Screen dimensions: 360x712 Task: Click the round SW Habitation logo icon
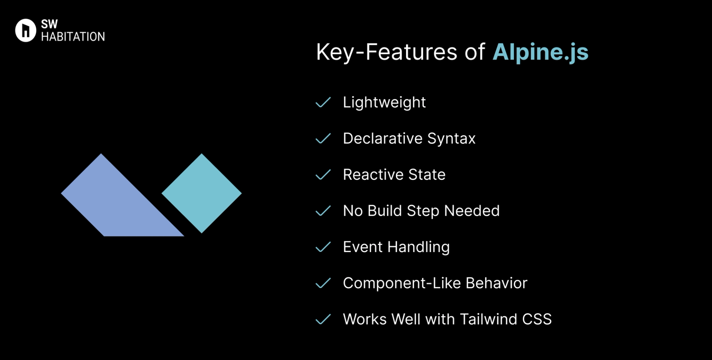point(26,30)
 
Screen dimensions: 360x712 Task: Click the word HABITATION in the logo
point(73,37)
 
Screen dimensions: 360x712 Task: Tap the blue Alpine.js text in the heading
point(540,52)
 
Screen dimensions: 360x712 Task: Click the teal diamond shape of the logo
point(201,193)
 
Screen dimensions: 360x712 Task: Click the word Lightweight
point(384,102)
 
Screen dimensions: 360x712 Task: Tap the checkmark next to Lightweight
point(323,102)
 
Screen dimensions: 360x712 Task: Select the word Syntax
point(451,139)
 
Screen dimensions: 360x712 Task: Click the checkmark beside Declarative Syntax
point(323,139)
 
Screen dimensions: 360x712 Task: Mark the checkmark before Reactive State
point(323,175)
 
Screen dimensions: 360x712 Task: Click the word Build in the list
point(385,211)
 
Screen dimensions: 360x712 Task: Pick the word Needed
point(472,211)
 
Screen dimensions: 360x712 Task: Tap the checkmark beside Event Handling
point(323,247)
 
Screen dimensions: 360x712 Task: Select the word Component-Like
point(401,283)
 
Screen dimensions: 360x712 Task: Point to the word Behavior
point(496,283)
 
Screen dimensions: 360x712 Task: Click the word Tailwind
point(488,319)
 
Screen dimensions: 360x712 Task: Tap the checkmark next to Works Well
point(323,319)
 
